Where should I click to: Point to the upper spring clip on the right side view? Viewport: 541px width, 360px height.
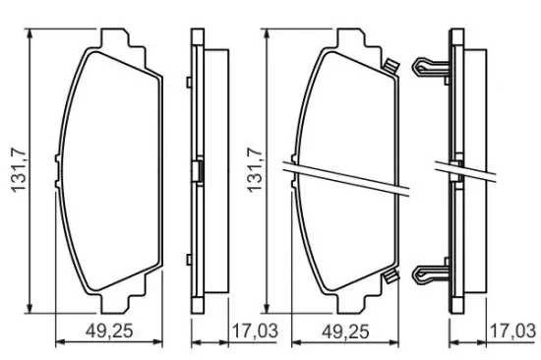431,67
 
